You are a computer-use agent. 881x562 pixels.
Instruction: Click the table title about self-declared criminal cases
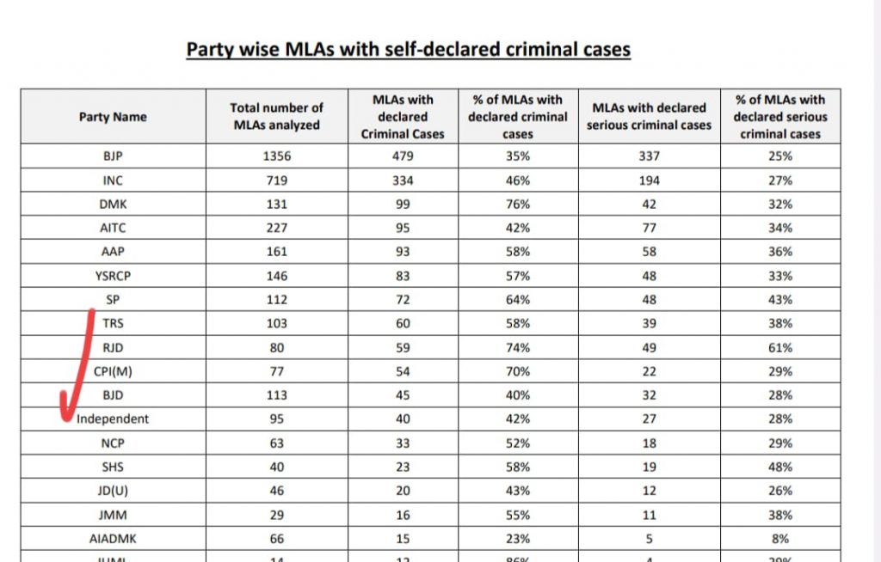click(409, 49)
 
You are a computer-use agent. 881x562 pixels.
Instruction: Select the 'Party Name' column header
click(113, 117)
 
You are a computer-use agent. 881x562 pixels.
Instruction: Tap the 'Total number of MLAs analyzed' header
click(276, 116)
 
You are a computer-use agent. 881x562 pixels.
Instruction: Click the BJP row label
click(113, 156)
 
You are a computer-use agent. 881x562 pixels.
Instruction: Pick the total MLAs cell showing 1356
click(276, 156)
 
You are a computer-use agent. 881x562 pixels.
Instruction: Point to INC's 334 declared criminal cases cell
click(404, 180)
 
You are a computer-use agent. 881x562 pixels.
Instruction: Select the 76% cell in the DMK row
click(518, 205)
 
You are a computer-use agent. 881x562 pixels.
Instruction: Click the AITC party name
click(113, 229)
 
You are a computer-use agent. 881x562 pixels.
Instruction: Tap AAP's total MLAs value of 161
click(276, 253)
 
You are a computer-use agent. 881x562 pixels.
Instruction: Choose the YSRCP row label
click(113, 276)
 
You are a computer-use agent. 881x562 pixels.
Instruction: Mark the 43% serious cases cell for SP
click(780, 300)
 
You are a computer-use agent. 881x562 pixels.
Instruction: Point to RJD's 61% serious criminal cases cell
click(780, 348)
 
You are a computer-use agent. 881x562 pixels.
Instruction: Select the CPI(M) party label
click(113, 371)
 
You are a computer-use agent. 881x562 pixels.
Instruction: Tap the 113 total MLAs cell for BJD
click(276, 395)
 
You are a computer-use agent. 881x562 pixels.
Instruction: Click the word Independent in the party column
click(113, 419)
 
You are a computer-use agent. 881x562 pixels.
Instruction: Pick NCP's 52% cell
click(518, 443)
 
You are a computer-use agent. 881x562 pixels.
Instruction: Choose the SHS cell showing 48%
click(780, 467)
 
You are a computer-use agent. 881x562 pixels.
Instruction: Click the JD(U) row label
click(113, 491)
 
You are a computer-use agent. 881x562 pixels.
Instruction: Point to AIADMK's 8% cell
click(780, 539)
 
